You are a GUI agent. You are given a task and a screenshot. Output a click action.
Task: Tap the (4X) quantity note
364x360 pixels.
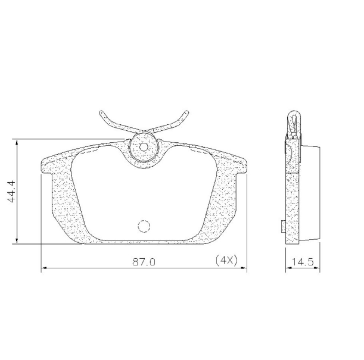pyautogui.click(x=226, y=261)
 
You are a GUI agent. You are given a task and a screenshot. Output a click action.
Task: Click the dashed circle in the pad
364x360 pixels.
pyautogui.click(x=144, y=226)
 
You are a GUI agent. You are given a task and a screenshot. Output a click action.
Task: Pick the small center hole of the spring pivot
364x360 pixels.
pyautogui.click(x=144, y=147)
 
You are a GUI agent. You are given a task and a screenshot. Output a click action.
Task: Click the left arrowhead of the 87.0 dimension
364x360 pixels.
pyautogui.click(x=43, y=270)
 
